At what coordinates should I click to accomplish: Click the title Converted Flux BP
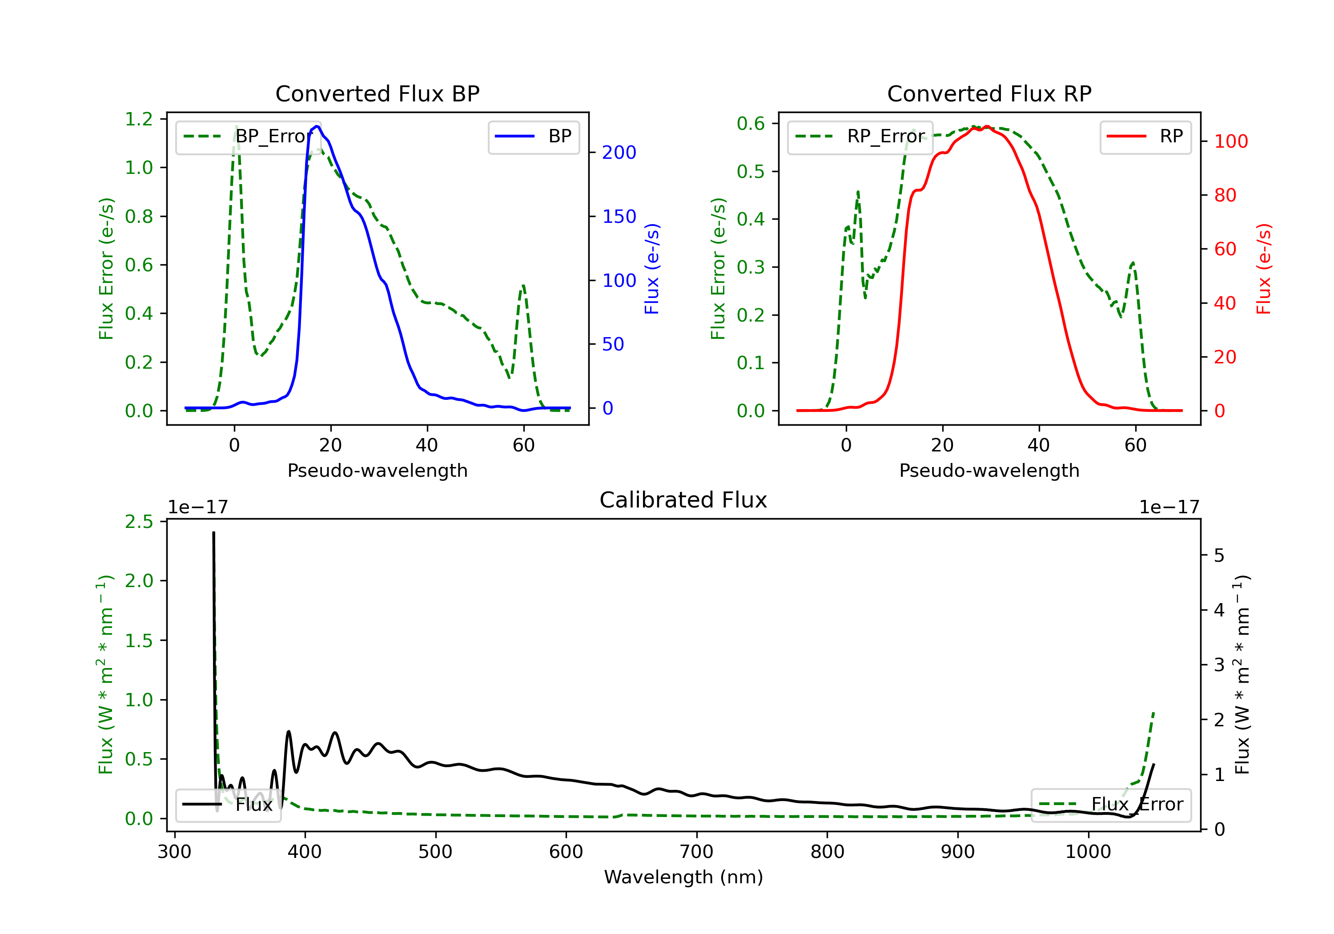pyautogui.click(x=377, y=93)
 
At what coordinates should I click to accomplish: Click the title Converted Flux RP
pyautogui.click(x=989, y=93)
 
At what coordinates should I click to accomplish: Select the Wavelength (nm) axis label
pyautogui.click(x=683, y=877)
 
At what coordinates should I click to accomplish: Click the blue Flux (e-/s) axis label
pyautogui.click(x=652, y=269)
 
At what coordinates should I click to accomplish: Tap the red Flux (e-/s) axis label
pyautogui.click(x=1264, y=269)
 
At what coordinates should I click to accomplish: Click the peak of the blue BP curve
pyautogui.click(x=317, y=126)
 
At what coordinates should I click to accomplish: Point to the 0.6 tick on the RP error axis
pyautogui.click(x=751, y=123)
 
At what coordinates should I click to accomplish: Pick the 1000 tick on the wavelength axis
pyautogui.click(x=1088, y=852)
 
